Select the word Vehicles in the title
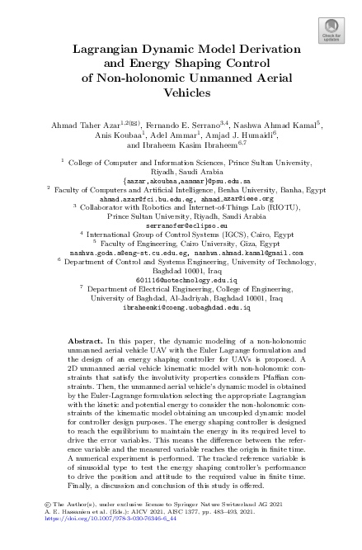coord(181,94)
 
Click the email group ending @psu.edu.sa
coord(181,179)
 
